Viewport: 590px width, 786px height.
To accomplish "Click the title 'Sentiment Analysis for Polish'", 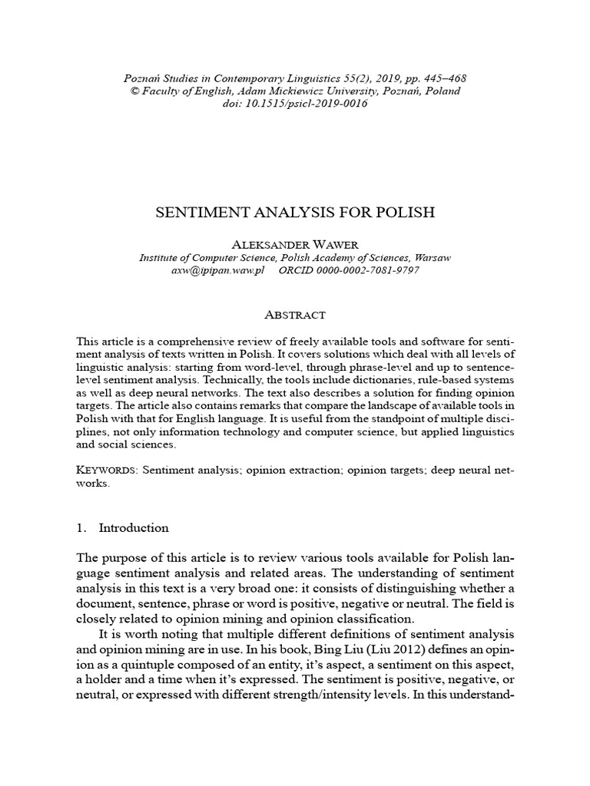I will tap(294, 213).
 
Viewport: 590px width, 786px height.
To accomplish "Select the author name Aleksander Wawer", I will tap(294, 243).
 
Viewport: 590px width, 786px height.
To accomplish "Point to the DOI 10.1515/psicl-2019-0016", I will tap(310, 104).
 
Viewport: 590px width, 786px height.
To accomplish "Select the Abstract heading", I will tap(294, 315).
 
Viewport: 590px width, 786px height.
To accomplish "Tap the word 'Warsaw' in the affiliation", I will tap(432, 258).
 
